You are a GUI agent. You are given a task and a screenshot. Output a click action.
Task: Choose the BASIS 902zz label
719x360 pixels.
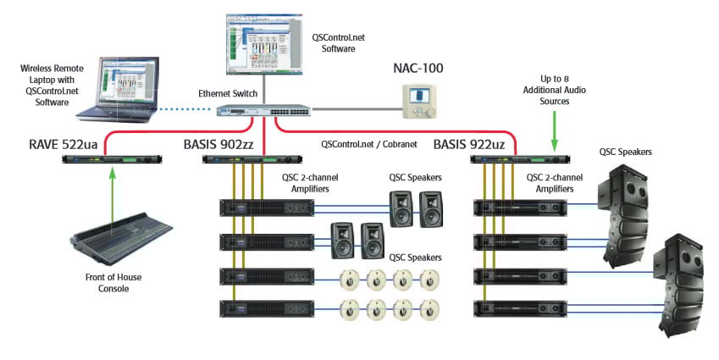(x=222, y=144)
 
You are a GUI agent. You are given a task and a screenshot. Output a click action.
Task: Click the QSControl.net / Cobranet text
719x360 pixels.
(x=368, y=145)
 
